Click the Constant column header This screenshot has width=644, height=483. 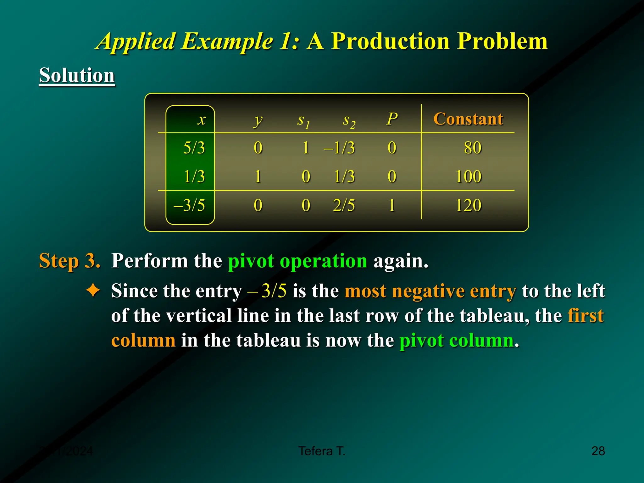point(468,119)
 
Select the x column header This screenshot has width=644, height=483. point(202,120)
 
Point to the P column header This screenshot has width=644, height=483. point(392,119)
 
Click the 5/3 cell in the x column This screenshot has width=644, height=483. point(194,148)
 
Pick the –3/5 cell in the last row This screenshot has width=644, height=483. point(190,205)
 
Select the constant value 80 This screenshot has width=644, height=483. point(472,148)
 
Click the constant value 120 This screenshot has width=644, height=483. point(468,205)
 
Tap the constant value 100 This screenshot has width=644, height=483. point(468,176)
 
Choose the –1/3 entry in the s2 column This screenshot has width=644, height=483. point(340,148)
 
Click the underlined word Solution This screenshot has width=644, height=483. point(77,75)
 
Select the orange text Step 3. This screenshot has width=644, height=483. point(69,261)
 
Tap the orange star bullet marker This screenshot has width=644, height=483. point(93,290)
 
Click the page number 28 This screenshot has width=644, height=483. point(598,451)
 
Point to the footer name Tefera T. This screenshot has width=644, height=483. point(322,451)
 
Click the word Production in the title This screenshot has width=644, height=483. point(391,41)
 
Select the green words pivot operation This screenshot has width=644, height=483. point(297,261)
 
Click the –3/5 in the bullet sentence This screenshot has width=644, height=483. point(267,291)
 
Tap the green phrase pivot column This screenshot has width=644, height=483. point(457,340)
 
